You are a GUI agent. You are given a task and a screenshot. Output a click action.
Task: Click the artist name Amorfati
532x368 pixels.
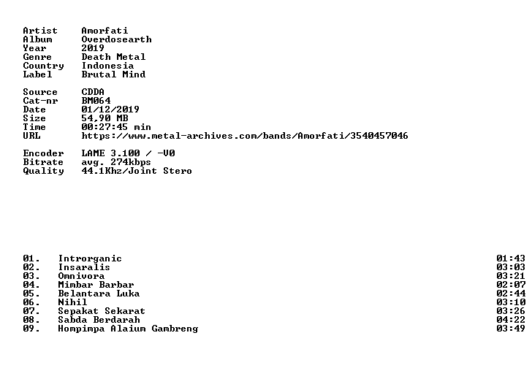(x=104, y=31)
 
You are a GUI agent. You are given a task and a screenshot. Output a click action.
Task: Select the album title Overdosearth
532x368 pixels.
(x=116, y=39)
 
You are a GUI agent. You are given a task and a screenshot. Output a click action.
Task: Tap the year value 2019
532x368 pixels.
(x=93, y=48)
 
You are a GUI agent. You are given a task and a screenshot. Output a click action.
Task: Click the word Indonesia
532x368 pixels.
(x=107, y=66)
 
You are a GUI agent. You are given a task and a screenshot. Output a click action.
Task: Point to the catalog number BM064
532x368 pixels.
(x=96, y=101)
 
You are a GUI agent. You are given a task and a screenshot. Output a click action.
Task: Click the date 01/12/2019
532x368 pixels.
(x=110, y=110)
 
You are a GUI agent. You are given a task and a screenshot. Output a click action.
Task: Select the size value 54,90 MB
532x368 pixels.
(x=104, y=118)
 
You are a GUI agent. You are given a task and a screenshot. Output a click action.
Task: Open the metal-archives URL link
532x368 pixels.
(x=245, y=136)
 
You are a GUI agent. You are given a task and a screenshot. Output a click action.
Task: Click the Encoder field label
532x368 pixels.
(x=43, y=153)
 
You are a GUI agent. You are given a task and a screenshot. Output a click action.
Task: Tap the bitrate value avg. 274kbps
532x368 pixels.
(x=116, y=162)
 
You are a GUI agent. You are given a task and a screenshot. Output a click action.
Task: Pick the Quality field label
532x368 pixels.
(x=43, y=171)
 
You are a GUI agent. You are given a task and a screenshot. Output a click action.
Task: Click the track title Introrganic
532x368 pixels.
(x=90, y=259)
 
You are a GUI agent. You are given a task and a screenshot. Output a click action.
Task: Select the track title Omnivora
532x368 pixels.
(x=81, y=276)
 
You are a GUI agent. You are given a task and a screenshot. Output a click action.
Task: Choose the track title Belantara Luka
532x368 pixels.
(x=99, y=294)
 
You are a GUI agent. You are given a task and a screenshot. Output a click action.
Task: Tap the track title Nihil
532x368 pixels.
(x=72, y=302)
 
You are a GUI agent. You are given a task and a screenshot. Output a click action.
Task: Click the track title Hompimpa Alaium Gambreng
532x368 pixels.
(x=128, y=329)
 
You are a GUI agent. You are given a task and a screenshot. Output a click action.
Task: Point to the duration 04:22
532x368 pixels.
(x=511, y=321)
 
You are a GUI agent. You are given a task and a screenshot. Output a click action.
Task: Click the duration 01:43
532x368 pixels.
(x=511, y=259)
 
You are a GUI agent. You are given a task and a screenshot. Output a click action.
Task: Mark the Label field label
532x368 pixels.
(x=37, y=74)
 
